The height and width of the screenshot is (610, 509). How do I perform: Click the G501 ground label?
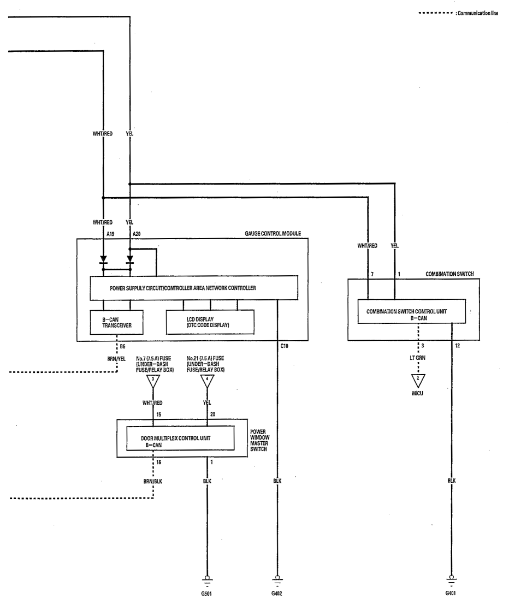point(206,594)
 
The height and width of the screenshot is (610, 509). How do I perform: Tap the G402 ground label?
point(277,594)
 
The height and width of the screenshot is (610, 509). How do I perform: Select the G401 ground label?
point(451,593)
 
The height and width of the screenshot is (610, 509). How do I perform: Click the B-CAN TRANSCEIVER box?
point(117,322)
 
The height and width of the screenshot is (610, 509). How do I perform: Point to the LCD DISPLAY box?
point(210,322)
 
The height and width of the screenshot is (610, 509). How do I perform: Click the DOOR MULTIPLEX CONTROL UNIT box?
point(180,438)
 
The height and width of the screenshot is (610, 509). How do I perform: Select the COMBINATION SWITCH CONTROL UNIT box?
point(412,311)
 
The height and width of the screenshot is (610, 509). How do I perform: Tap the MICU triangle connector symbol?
point(418,381)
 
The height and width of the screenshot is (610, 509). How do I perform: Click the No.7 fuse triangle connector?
point(153,382)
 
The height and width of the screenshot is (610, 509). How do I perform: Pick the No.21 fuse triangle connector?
point(207,382)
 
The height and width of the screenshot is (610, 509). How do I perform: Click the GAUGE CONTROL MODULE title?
point(273,233)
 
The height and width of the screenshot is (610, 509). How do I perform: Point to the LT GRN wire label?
point(418,358)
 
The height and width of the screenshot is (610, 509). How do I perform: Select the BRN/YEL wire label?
point(116,359)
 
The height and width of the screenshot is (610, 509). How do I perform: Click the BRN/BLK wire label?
point(153,481)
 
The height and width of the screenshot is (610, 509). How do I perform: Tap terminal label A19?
point(110,234)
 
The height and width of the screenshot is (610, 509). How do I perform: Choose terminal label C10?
point(285,346)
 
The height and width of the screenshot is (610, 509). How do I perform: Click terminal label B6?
point(122,346)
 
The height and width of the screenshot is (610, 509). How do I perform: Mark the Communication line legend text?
point(478,13)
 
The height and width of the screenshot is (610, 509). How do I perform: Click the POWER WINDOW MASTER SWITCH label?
point(259,440)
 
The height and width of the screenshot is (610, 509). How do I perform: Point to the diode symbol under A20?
point(130,259)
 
